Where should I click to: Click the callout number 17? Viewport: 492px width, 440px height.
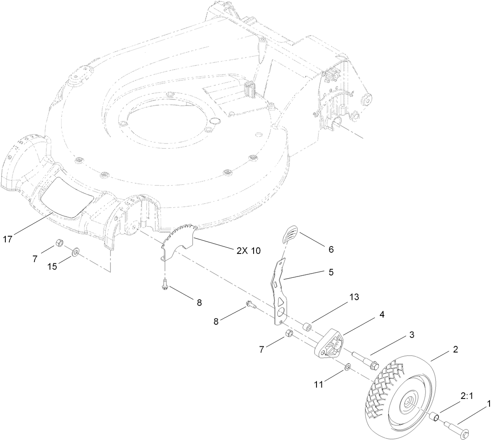[x=8, y=238]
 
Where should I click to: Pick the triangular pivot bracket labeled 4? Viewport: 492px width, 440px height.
[x=330, y=343]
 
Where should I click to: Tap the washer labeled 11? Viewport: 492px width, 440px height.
[x=348, y=365]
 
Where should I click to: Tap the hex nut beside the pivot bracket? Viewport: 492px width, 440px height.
[x=289, y=333]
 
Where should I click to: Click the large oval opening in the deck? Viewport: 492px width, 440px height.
[x=169, y=124]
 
